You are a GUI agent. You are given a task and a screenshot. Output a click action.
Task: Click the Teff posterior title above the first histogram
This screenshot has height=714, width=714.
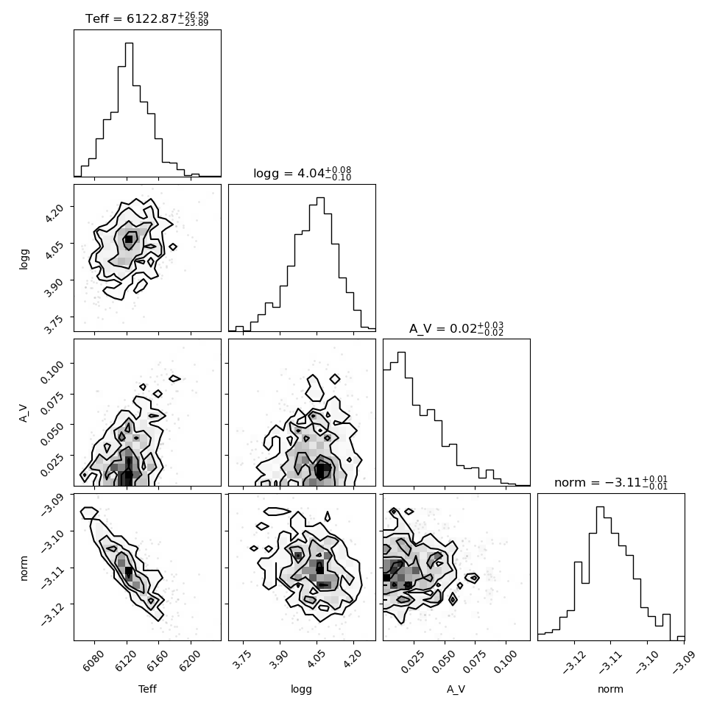[x=146, y=18]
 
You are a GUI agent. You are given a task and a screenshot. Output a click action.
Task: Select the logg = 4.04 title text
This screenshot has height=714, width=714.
[x=303, y=174]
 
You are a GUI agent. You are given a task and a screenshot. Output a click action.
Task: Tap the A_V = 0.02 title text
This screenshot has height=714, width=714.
[x=456, y=328]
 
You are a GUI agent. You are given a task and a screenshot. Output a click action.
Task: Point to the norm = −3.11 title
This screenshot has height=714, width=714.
[x=611, y=482]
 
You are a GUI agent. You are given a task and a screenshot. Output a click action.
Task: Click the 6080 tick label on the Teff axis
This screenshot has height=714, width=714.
[x=93, y=661]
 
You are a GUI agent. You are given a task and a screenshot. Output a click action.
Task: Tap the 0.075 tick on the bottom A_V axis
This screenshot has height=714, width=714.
[x=475, y=662]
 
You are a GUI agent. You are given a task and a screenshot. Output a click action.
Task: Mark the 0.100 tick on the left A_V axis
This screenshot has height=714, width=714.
[x=52, y=372]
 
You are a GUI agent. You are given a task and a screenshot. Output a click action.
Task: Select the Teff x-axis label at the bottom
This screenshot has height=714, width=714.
[x=147, y=689]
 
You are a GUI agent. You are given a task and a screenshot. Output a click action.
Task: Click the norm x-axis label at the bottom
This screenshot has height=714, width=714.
[x=611, y=689]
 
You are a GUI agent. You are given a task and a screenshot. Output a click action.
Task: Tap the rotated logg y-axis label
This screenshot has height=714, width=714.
[x=24, y=258]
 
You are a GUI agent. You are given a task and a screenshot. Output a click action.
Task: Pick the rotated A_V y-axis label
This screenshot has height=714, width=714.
[x=24, y=412]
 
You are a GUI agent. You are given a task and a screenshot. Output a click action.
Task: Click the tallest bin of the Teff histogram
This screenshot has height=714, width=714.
[x=129, y=109]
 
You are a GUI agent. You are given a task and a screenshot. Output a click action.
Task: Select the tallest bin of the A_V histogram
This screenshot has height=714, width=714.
[x=401, y=419]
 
